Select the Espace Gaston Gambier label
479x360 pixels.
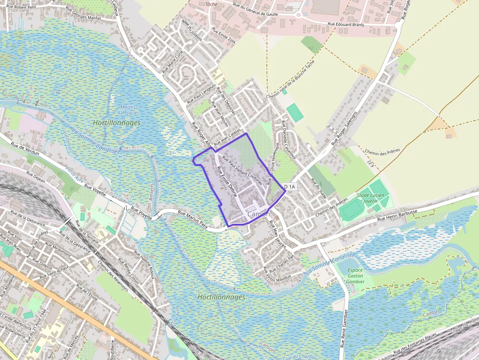coord(355,275)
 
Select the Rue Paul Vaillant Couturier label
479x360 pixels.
coord(242,171)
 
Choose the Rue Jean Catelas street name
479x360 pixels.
coord(228,140)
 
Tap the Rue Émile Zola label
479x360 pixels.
coord(224,35)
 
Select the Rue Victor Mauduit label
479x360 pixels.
coord(277,276)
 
